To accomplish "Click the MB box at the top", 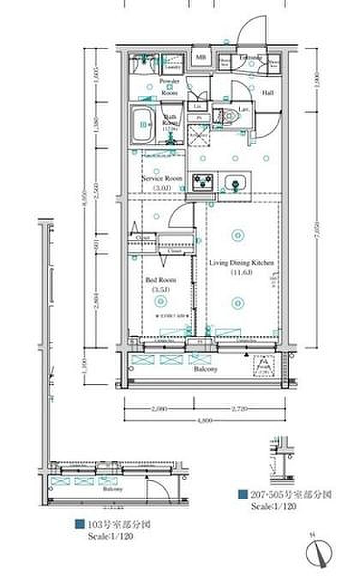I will point(200,58).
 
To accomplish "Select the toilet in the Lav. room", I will point(231,118).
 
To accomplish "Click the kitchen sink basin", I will point(235,182).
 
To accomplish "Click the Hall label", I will point(268,93).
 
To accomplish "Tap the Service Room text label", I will point(162,178).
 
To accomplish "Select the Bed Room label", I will point(159,280).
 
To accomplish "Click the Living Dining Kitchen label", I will point(242,262).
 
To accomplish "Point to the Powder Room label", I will point(170,87).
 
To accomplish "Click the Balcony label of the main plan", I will point(205,370).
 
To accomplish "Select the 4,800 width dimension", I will point(205,421).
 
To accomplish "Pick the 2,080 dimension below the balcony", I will point(159,409).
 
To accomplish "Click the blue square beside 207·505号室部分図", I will point(242,494).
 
